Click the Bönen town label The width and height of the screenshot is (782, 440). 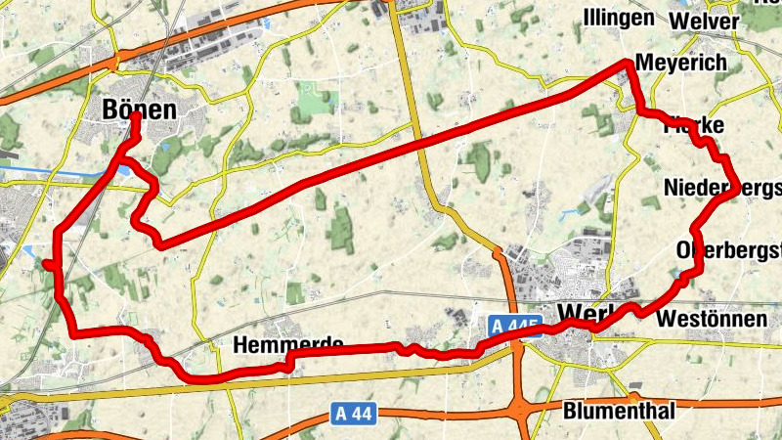pyautogui.click(x=140, y=110)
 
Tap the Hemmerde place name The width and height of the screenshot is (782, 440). pyautogui.click(x=288, y=345)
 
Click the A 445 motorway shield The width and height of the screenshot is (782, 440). pyautogui.click(x=512, y=326)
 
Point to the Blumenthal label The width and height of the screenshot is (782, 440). pyautogui.click(x=619, y=412)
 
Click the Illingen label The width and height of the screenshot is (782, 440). pyautogui.click(x=619, y=19)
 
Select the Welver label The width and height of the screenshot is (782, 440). pyautogui.click(x=704, y=21)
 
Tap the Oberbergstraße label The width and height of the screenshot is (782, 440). pyautogui.click(x=728, y=250)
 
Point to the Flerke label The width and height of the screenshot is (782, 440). pyautogui.click(x=693, y=126)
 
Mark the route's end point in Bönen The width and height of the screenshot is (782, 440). pyautogui.click(x=134, y=121)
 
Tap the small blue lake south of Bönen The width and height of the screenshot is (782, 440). pyautogui.click(x=126, y=172)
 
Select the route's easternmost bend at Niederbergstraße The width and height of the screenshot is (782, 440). pyautogui.click(x=734, y=193)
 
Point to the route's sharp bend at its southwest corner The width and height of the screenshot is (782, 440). pyautogui.click(x=74, y=333)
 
